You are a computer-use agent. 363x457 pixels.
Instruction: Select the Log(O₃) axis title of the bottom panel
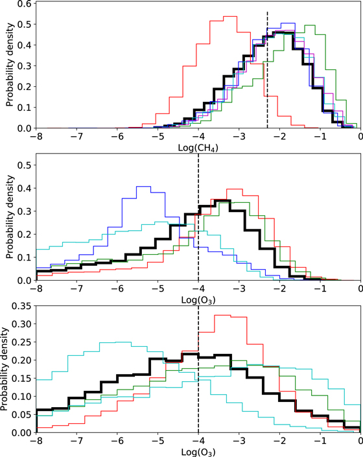pyautogui.click(x=198, y=452)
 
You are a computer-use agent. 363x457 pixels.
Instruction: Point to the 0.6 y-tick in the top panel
pyautogui.click(x=25, y=5)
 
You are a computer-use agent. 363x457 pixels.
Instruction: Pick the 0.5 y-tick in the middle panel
pyautogui.click(x=25, y=165)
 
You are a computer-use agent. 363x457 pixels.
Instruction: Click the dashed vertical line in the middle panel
pyautogui.click(x=198, y=220)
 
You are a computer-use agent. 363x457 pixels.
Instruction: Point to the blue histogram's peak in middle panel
pyautogui.click(x=143, y=187)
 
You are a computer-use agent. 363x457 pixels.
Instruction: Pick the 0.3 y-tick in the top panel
pyautogui.click(x=25, y=67)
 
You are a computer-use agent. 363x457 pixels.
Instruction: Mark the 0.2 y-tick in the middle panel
pyautogui.click(x=25, y=235)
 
